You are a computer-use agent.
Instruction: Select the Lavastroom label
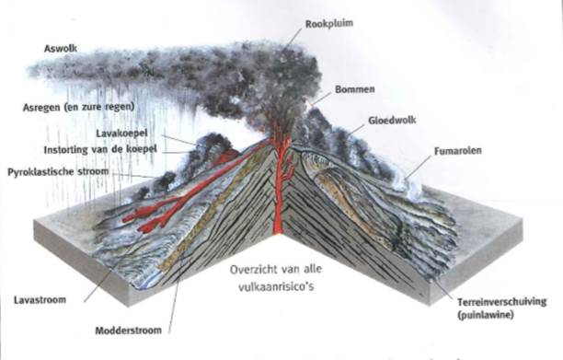[40, 300]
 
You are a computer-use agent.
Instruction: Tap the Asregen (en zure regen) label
[79, 107]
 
